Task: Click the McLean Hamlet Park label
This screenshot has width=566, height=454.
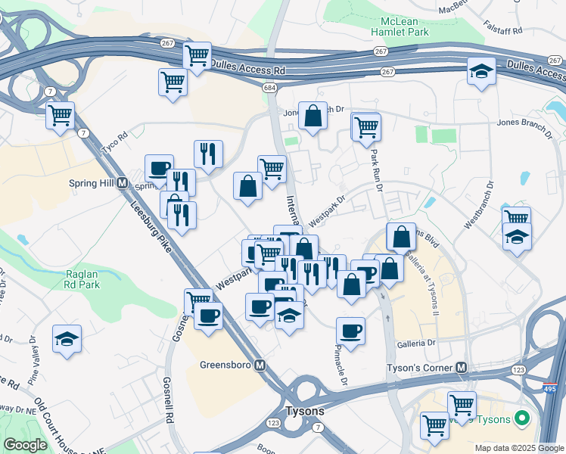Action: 400,26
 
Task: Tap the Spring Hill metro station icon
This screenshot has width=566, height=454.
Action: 121,184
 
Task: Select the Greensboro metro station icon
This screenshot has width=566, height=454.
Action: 260,365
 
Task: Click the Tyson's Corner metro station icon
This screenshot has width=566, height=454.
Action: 461,368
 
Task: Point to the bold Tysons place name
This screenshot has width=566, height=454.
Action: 305,411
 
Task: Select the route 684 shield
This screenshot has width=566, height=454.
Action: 270,89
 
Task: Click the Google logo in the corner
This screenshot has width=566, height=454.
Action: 25,445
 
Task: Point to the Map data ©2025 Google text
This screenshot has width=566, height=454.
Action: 518,448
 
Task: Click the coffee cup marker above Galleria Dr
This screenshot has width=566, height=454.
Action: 350,331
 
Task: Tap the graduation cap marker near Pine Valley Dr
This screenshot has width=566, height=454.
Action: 67,338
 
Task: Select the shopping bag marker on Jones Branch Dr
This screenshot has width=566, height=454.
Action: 313,116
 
